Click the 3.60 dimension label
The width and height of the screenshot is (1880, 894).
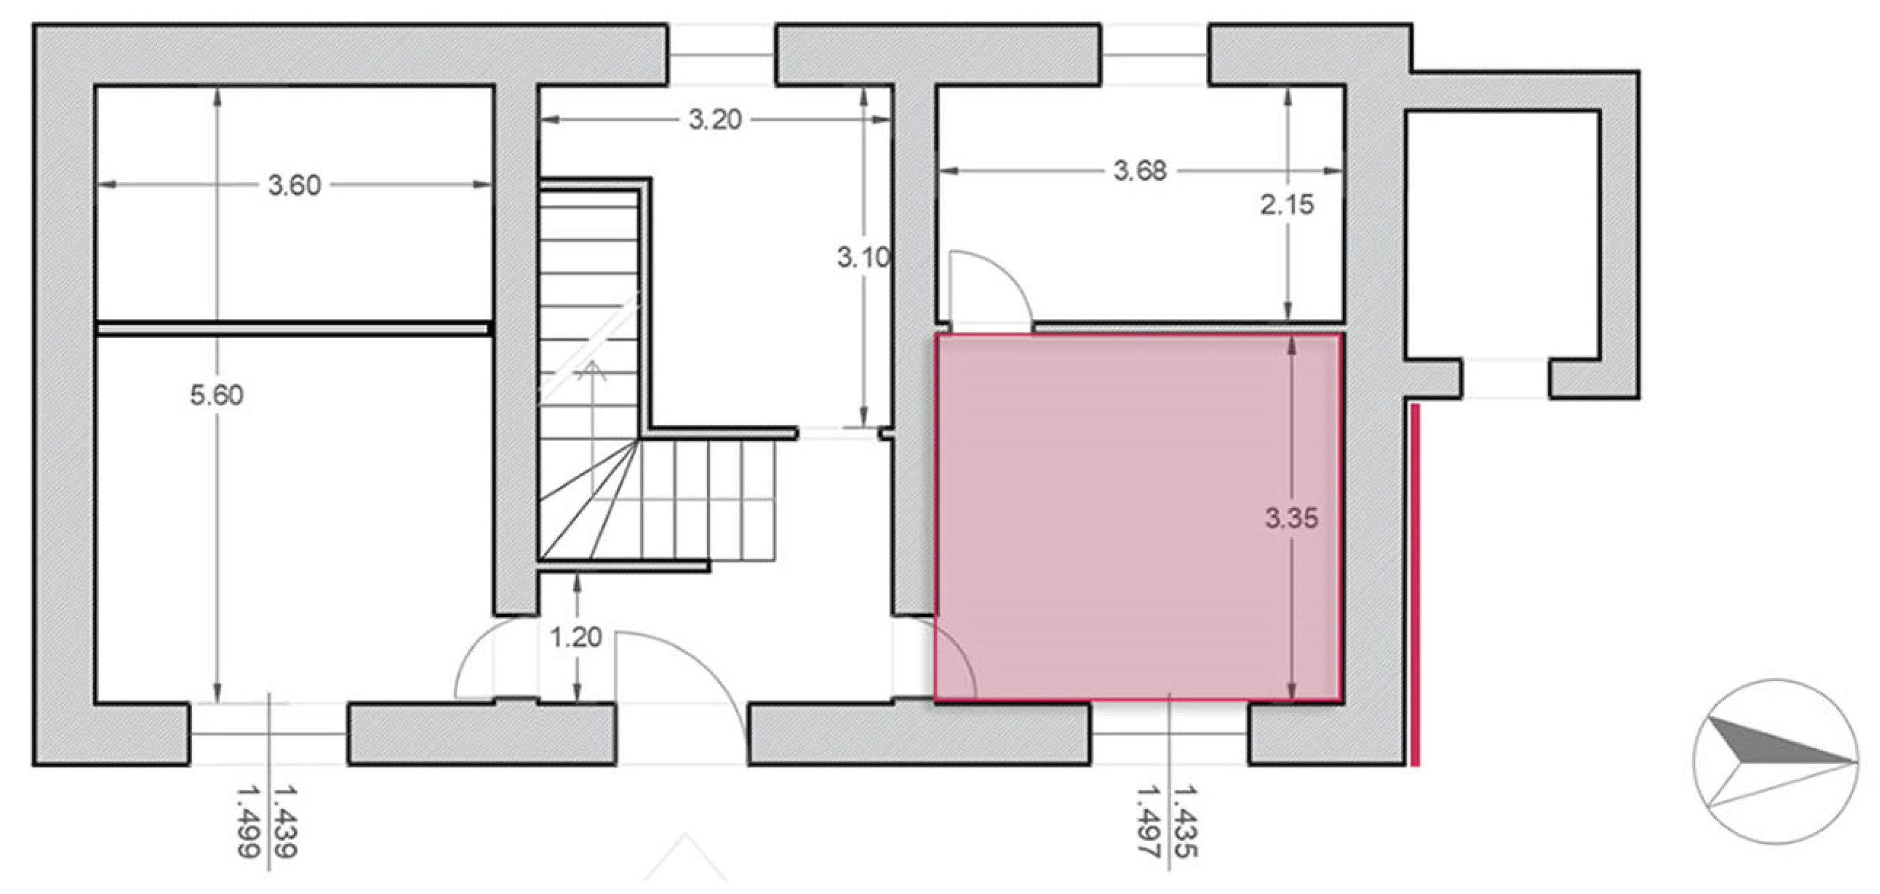pos(294,185)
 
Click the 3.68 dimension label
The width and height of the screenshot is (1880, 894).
pos(1140,171)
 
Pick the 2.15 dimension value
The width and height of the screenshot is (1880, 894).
pos(1287,205)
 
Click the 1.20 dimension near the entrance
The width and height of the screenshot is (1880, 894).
pos(576,638)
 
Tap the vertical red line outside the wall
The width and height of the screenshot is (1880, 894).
pos(1415,586)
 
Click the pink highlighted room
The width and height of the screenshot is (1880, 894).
pos(1138,518)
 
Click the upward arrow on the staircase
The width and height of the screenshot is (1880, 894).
pos(593,431)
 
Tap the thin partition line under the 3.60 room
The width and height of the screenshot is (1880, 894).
pos(293,329)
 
